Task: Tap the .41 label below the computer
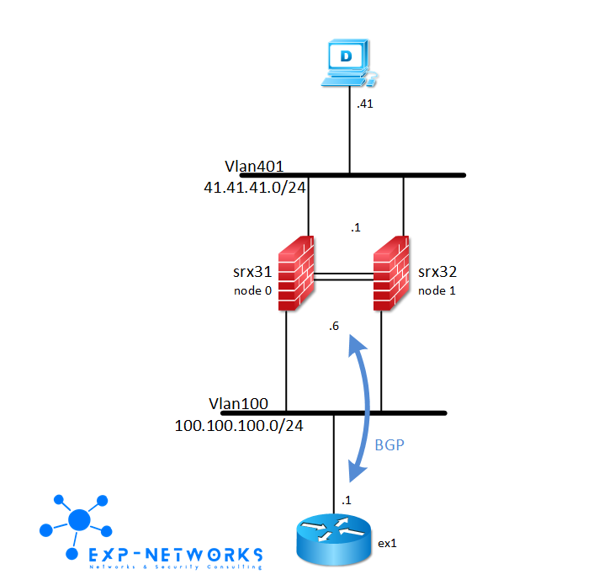[364, 104]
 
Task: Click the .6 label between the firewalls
[335, 328]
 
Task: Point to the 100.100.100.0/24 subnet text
[239, 425]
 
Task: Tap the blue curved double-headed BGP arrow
[368, 404]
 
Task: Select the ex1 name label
[387, 543]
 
